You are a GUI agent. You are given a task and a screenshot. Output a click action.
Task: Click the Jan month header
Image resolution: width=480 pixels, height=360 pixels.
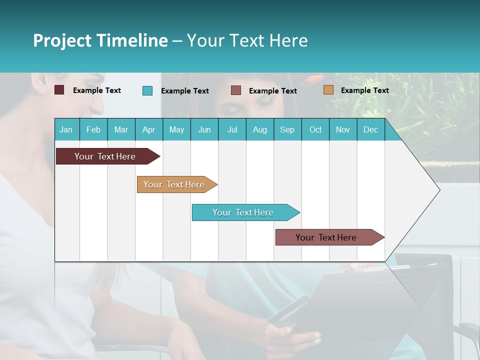click(66, 129)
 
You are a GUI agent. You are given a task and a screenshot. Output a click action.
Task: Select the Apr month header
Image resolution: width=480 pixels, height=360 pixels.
click(148, 129)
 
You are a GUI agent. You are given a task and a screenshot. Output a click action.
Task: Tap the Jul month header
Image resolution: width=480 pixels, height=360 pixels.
click(232, 129)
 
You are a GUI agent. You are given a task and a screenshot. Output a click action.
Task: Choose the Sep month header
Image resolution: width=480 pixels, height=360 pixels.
click(287, 129)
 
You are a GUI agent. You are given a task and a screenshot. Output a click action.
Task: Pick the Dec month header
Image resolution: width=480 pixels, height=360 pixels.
click(370, 129)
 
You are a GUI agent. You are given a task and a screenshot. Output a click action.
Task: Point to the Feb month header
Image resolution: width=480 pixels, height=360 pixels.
click(93, 129)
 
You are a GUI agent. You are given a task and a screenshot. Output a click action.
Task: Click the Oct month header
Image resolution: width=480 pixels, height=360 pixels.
click(315, 129)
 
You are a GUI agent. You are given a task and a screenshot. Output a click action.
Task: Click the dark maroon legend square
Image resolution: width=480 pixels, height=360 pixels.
click(59, 90)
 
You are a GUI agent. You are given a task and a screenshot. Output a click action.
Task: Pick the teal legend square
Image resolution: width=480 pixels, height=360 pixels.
click(147, 90)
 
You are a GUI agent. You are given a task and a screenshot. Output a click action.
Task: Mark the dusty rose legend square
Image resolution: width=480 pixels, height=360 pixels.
click(236, 90)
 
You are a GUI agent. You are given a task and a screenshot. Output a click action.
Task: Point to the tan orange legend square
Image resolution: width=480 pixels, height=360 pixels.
click(328, 90)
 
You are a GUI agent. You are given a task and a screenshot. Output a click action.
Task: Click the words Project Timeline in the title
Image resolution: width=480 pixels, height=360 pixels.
click(100, 40)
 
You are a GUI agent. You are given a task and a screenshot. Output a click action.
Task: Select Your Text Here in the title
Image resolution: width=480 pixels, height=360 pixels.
click(247, 40)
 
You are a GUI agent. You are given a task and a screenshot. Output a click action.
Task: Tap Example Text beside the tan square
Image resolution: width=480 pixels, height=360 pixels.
click(364, 90)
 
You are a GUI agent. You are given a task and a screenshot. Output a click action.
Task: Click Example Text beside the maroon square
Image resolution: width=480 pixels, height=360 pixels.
click(97, 90)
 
